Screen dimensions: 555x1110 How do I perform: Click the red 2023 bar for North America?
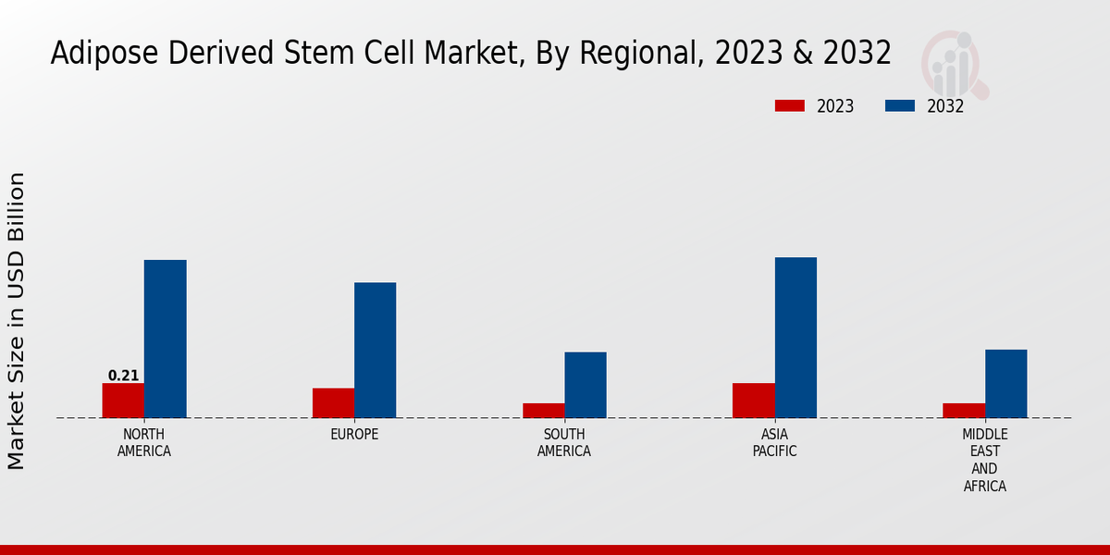(x=123, y=401)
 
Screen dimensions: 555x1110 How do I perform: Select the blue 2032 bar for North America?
(x=166, y=339)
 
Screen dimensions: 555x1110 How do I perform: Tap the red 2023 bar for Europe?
(x=333, y=402)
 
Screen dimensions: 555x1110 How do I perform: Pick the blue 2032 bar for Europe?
(x=376, y=350)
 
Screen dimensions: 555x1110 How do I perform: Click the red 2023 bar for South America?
(x=543, y=410)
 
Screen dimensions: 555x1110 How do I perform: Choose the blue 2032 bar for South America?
(x=586, y=385)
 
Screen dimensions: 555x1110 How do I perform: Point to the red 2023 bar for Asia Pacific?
(x=753, y=400)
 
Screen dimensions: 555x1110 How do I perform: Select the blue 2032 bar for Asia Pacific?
(x=795, y=338)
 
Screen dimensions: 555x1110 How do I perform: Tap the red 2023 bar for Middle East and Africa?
(x=964, y=410)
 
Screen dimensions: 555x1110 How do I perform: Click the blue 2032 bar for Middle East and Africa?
(x=1006, y=383)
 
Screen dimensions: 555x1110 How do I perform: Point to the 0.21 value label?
(x=123, y=376)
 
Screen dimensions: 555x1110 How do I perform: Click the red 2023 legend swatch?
(x=790, y=105)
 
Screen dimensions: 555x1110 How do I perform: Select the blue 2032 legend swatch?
(x=900, y=105)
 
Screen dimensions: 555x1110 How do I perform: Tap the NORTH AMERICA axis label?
(x=144, y=443)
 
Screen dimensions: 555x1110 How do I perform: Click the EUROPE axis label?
(x=354, y=435)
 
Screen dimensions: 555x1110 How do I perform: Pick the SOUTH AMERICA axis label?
(x=564, y=443)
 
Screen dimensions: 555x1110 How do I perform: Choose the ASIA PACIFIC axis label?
(x=774, y=443)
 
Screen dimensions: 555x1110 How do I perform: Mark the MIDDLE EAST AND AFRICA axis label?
(x=985, y=460)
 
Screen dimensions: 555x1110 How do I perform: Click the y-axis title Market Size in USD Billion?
(x=17, y=320)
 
